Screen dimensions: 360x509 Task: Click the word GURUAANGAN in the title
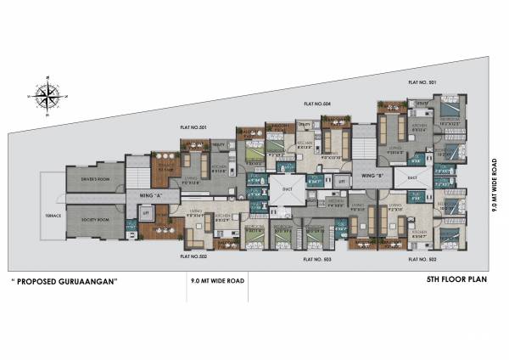90,280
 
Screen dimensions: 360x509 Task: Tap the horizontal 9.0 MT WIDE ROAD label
218,280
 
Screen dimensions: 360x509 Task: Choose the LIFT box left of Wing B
340,182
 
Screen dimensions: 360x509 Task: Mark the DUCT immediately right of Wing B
411,177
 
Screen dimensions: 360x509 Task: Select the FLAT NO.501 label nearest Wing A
193,127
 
